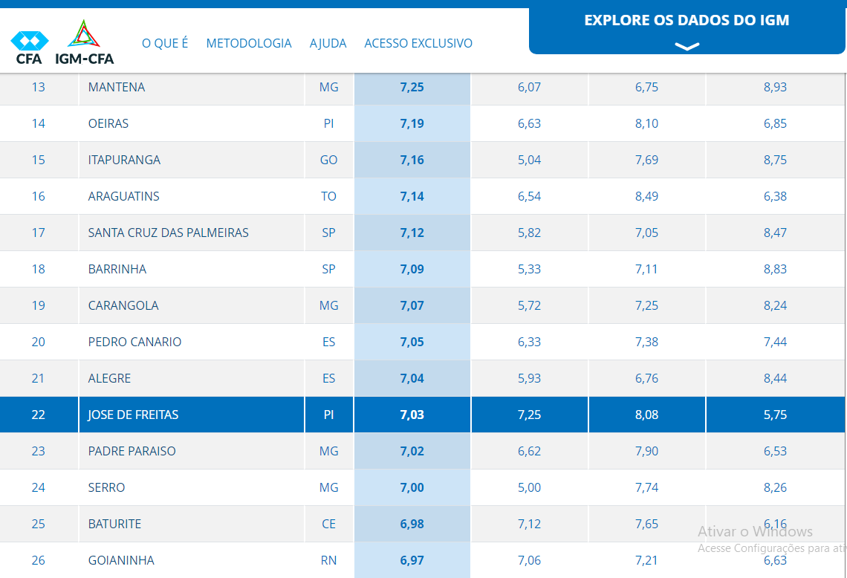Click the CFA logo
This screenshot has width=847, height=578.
point(29,47)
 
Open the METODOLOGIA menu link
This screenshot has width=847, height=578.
point(249,43)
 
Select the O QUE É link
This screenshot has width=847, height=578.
point(165,43)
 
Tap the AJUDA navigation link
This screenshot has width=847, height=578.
point(328,43)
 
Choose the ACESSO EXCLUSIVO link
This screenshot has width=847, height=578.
point(418,43)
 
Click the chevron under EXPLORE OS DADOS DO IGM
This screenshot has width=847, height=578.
point(687,46)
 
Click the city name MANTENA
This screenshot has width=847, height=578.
point(117,87)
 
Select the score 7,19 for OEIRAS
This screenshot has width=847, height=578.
point(412,123)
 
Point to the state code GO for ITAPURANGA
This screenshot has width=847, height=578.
point(328,160)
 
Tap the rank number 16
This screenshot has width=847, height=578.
point(39,196)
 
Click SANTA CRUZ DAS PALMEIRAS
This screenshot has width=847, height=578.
point(169,233)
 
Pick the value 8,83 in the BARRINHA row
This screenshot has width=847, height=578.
point(775,269)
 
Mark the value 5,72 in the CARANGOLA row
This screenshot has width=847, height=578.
point(529,305)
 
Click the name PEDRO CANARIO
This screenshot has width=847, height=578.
point(134,342)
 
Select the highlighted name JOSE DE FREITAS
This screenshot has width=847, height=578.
point(133,415)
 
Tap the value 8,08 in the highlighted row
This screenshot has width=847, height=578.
point(646,415)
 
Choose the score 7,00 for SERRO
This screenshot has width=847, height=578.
point(412,487)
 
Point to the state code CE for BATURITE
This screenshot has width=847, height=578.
point(328,524)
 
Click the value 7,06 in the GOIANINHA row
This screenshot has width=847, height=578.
point(529,560)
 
